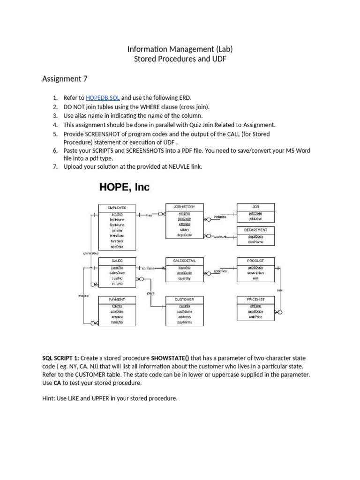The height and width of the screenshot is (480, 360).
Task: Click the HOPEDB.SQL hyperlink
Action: [x=103, y=98]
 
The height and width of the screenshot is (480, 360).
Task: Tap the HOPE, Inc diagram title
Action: [x=124, y=187]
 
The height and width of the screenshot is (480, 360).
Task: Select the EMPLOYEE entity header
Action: [x=117, y=207]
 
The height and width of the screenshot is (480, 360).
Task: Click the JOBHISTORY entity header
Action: [x=184, y=207]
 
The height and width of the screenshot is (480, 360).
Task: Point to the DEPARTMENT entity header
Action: [x=255, y=230]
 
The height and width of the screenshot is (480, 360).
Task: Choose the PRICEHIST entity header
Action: [x=255, y=299]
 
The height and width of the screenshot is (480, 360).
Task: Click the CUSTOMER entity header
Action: [x=184, y=299]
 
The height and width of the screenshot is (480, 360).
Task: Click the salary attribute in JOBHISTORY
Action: [x=184, y=229]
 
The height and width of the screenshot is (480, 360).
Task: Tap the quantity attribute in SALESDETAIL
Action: [x=184, y=278]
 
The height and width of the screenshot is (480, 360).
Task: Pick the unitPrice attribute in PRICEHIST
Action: [x=255, y=317]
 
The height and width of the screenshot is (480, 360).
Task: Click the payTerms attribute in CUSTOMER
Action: [x=184, y=322]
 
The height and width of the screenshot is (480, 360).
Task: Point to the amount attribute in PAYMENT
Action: [x=117, y=317]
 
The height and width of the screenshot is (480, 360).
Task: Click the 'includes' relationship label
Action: [x=220, y=217]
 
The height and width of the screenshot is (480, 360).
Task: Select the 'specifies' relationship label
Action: [x=220, y=271]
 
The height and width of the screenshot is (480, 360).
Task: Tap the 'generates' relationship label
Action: [x=91, y=253]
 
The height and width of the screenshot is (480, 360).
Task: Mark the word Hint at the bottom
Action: [x=50, y=398]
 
